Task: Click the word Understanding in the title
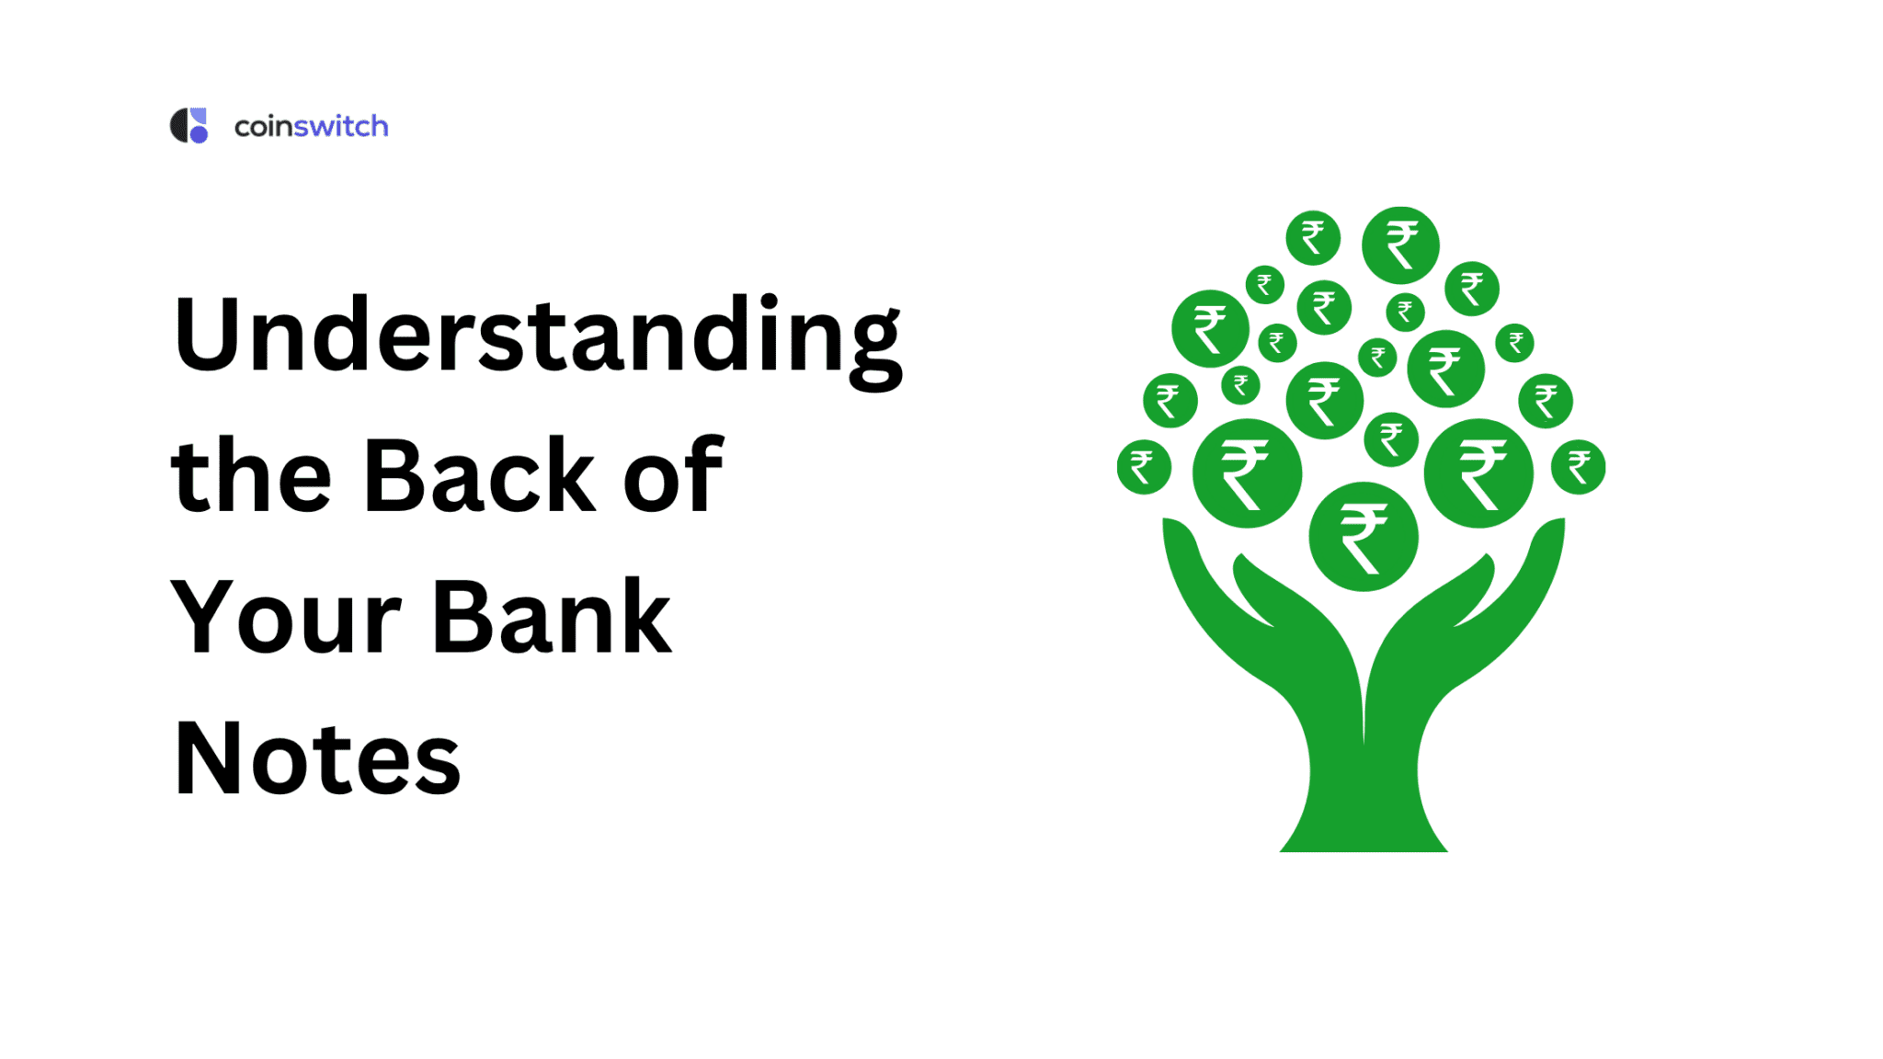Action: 537,336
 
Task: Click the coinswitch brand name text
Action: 311,126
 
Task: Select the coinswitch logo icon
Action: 189,126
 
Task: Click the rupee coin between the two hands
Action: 1363,537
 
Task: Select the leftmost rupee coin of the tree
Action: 1143,467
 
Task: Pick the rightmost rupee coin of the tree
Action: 1578,467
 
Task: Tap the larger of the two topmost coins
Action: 1399,245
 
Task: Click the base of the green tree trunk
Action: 1364,832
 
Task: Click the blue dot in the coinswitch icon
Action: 199,134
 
